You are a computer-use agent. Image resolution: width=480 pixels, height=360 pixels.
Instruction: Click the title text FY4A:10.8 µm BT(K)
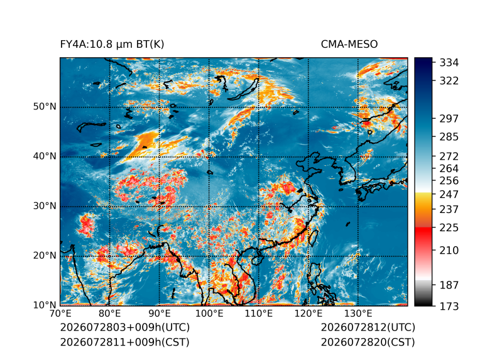pos(112,45)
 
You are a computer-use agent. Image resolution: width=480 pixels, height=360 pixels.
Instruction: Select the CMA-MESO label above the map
pos(349,45)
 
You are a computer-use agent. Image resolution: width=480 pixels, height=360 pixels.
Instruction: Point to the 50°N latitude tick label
pos(45,107)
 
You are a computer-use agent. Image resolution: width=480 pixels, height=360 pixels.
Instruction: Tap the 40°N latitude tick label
pos(45,156)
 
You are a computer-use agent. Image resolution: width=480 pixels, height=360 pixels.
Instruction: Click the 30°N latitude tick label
pos(45,206)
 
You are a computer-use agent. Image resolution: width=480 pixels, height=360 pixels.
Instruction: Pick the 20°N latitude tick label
pos(45,256)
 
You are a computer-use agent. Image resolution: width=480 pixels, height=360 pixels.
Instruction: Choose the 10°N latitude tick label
pos(45,305)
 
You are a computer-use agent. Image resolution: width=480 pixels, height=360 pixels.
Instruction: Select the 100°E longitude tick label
pos(209,314)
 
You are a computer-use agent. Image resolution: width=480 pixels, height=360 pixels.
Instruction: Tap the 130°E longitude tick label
pos(358,314)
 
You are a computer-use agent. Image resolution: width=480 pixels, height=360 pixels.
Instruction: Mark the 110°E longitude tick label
pos(259,314)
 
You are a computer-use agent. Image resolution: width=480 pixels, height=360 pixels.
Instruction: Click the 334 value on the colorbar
pos(449,63)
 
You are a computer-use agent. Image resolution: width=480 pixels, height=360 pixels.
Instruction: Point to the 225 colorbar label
pos(449,228)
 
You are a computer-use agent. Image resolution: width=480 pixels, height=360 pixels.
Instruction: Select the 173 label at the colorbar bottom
pos(449,307)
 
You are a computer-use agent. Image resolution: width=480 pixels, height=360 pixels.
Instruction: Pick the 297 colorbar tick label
pos(449,119)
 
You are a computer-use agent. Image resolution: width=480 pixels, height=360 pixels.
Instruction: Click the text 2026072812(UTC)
pos(368,327)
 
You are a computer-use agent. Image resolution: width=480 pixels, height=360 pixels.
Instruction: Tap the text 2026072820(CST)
pos(368,342)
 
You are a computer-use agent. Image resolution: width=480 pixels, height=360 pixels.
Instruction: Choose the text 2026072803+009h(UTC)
pos(125,327)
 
